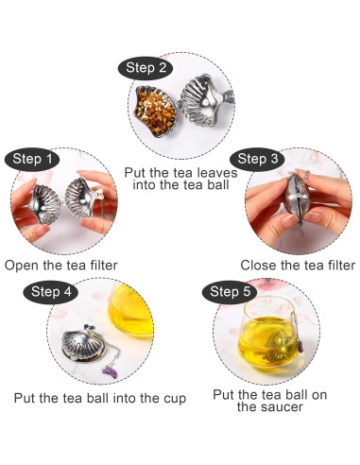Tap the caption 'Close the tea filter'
(x=297, y=266)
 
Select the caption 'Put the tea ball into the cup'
(x=101, y=398)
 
